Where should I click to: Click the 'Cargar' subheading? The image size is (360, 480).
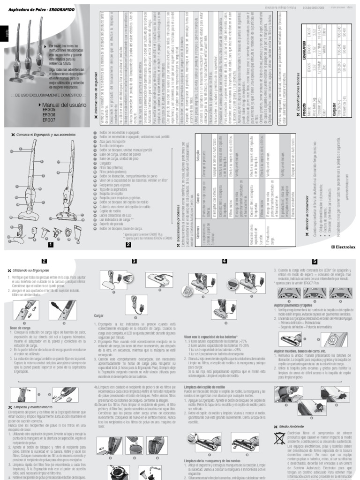pyautogui.click(x=98, y=316)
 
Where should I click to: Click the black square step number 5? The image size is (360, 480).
pyautogui.click(x=314, y=262)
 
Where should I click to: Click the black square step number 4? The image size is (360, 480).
pyautogui.click(x=225, y=262)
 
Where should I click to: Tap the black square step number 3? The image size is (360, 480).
pyautogui.click(x=134, y=262)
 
